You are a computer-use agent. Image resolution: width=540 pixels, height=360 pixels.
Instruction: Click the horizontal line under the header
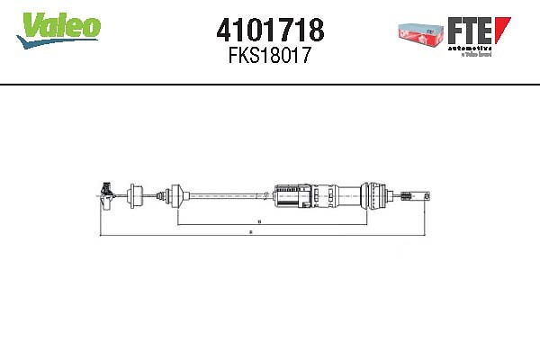point(270,85)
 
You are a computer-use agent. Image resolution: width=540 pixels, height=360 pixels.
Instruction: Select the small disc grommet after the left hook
point(135,193)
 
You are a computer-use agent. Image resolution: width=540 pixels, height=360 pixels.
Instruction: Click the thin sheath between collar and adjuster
point(225,193)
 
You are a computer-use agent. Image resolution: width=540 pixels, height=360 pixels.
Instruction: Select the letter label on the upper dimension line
point(259,220)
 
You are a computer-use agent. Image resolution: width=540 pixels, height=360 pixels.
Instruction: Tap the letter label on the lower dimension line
point(250,234)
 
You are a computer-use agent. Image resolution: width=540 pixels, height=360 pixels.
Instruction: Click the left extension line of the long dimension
point(97,216)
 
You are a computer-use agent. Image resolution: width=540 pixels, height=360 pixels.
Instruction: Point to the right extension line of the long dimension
point(425,216)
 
